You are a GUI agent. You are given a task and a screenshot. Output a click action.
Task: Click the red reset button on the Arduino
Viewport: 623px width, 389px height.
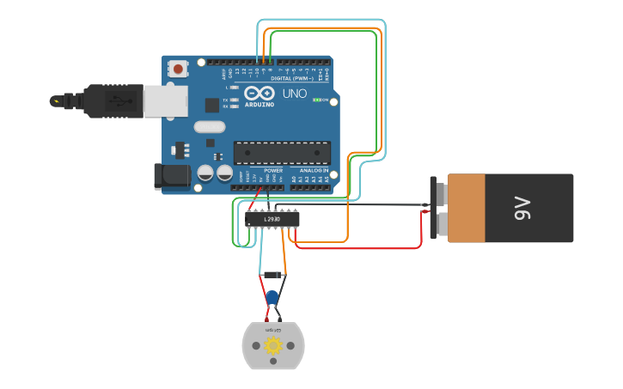tap(178, 68)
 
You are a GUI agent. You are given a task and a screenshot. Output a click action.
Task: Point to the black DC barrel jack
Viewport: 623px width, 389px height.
tap(170, 176)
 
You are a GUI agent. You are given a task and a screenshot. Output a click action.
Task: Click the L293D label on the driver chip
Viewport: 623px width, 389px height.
tap(272, 219)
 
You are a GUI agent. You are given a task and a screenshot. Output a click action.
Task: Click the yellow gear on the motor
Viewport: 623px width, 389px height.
tap(273, 346)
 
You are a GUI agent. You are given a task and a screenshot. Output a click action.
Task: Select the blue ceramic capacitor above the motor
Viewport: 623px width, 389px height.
tap(272, 298)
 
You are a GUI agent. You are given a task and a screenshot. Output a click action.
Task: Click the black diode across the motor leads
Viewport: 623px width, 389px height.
tap(272, 275)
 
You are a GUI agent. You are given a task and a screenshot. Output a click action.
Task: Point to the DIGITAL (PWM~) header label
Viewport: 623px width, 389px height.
tap(291, 78)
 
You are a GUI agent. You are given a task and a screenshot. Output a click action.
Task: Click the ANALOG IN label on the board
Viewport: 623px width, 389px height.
tap(314, 170)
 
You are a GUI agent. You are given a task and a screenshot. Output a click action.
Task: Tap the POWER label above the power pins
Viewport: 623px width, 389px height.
tap(273, 170)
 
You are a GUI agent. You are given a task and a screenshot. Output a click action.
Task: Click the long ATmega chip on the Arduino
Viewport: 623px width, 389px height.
tap(282, 153)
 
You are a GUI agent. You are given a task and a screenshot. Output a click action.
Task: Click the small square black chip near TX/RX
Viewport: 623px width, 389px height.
tap(212, 105)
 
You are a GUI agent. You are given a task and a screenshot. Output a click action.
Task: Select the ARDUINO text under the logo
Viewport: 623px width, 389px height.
tap(260, 104)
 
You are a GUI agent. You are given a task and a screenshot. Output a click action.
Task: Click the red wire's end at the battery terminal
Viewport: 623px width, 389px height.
tap(425, 212)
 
